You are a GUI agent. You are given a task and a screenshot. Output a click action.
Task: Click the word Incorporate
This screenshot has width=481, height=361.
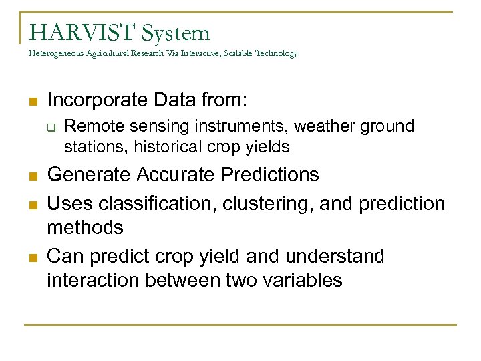click(91, 100)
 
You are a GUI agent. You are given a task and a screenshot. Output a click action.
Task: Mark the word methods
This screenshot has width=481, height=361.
click(85, 227)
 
